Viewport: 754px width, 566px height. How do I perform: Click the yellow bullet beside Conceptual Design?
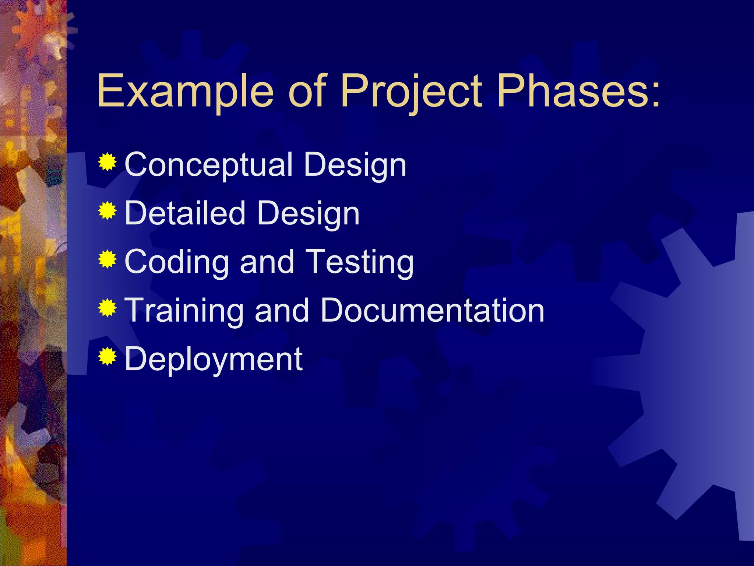[x=108, y=162]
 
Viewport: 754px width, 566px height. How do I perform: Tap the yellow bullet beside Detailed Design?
[x=108, y=210]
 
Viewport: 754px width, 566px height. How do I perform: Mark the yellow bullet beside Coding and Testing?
[x=108, y=259]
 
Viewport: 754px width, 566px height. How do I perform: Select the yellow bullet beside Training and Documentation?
[x=108, y=308]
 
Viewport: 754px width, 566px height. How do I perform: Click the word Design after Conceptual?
[x=355, y=165]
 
